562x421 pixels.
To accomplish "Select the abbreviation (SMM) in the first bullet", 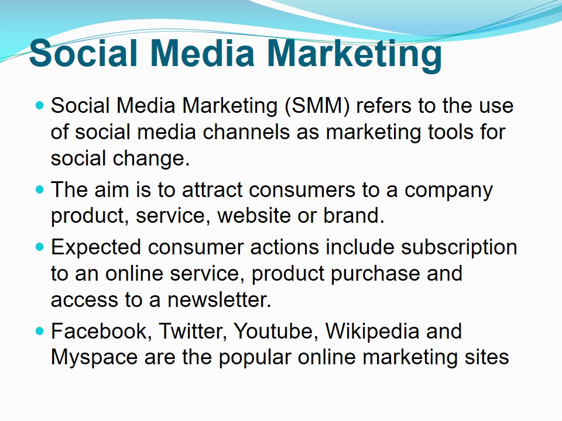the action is click(x=317, y=106).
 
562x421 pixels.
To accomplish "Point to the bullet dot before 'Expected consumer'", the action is click(x=40, y=247).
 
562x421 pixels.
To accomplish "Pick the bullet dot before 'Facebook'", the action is click(x=40, y=331).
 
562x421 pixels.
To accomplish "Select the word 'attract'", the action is click(x=212, y=189).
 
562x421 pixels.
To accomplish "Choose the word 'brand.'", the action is click(x=354, y=216).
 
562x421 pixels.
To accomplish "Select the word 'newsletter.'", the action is click(x=220, y=299).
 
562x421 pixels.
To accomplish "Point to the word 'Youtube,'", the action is click(x=276, y=331).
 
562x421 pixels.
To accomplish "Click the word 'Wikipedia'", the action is click(x=372, y=332).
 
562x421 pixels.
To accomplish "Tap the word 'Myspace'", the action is click(x=94, y=358).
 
